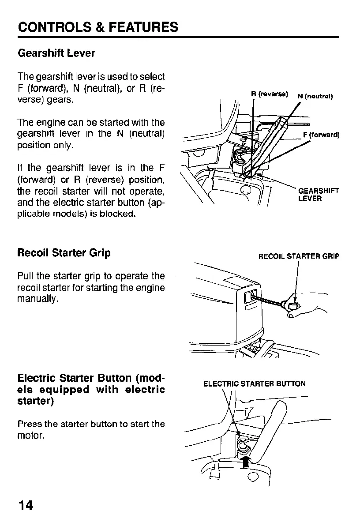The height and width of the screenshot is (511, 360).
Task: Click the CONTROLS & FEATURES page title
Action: (98, 27)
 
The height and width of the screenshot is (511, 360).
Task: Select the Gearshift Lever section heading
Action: (56, 53)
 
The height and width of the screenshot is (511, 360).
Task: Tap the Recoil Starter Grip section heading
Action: (64, 253)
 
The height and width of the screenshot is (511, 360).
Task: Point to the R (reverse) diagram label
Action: (270, 94)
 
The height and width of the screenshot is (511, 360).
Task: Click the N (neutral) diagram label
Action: (315, 97)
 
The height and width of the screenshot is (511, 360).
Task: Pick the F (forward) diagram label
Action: (321, 135)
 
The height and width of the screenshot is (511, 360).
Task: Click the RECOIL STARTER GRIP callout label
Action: (299, 256)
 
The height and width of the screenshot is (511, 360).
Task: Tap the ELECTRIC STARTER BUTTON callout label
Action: (254, 384)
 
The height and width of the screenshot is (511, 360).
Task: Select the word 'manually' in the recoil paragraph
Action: (37, 300)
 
